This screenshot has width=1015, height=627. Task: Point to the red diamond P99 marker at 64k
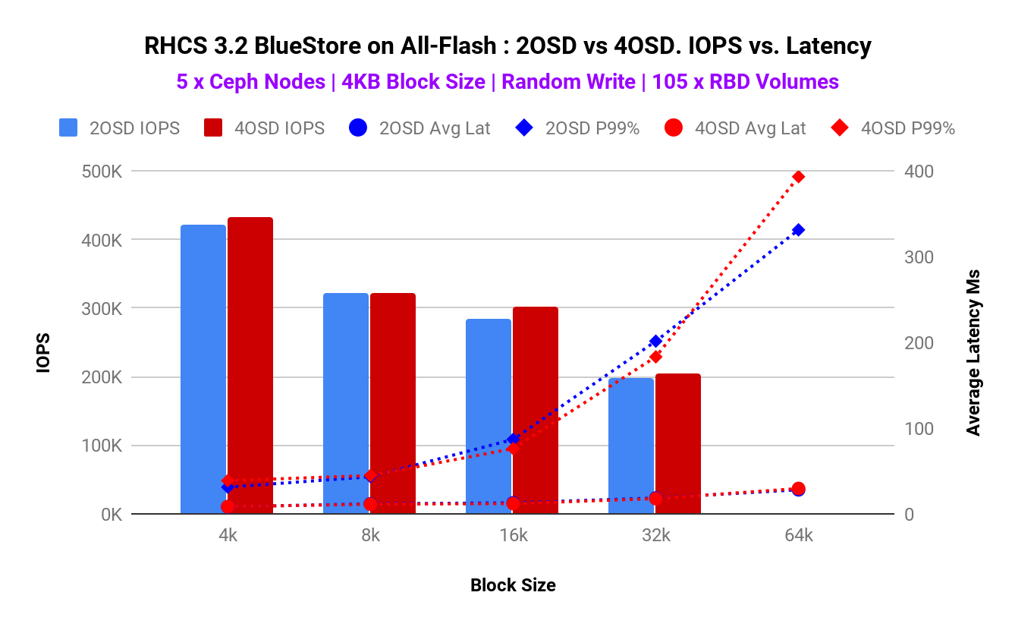pyautogui.click(x=798, y=177)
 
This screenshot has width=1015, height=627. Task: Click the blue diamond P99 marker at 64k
pyautogui.click(x=798, y=230)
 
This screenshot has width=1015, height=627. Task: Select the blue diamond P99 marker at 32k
pyautogui.click(x=656, y=342)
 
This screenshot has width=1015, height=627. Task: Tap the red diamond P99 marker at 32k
pyautogui.click(x=656, y=357)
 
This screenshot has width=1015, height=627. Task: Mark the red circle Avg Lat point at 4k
pyautogui.click(x=228, y=506)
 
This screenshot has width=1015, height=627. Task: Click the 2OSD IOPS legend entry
pyautogui.click(x=120, y=128)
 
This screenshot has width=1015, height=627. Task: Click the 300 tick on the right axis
pyautogui.click(x=917, y=257)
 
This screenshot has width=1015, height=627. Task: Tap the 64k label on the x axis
pyautogui.click(x=799, y=535)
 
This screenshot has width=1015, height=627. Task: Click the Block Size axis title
pyautogui.click(x=513, y=585)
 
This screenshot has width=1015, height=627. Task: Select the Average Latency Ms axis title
pyautogui.click(x=973, y=353)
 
